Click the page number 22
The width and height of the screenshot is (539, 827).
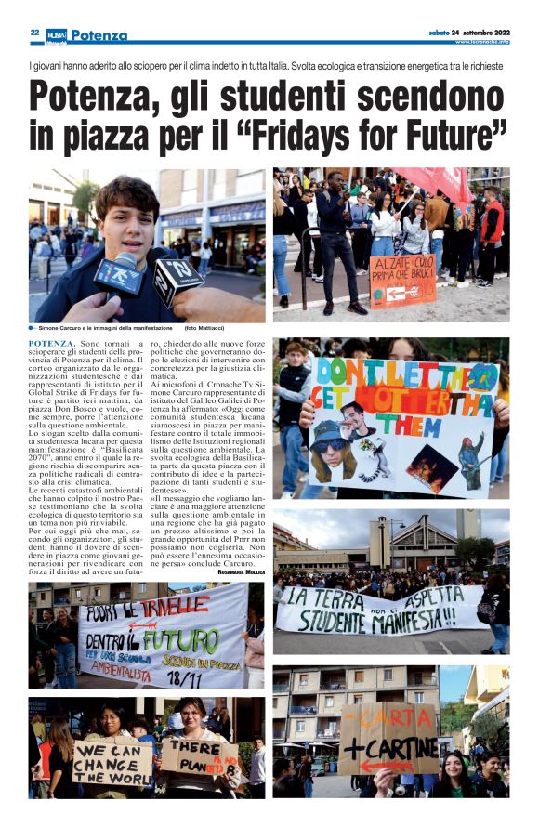click(34, 33)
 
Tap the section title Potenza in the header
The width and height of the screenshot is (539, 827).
click(98, 35)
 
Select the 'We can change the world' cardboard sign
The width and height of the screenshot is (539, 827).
click(112, 762)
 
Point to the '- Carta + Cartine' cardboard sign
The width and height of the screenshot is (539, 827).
click(388, 739)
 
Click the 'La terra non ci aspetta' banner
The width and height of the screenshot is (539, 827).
click(381, 609)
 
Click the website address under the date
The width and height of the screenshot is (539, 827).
click(480, 42)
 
